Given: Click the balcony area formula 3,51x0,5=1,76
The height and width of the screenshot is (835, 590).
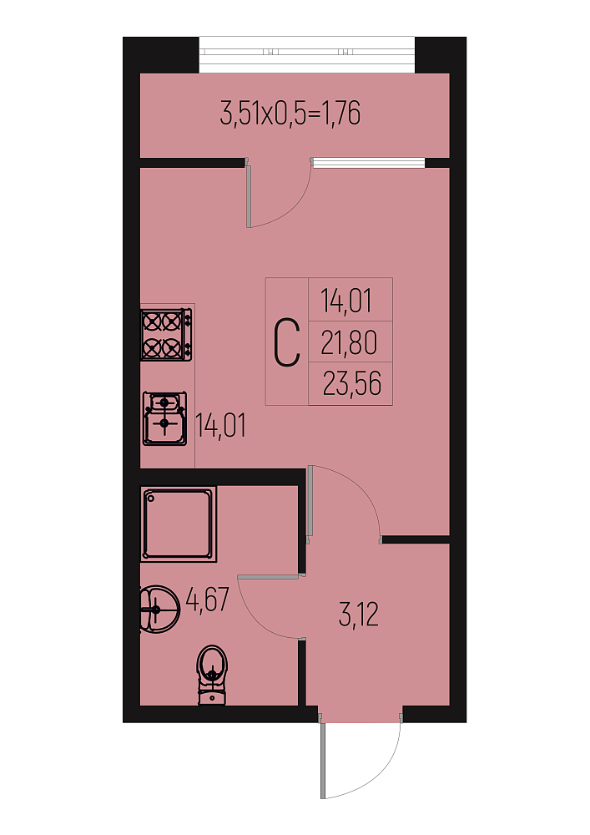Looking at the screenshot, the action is coord(290,114).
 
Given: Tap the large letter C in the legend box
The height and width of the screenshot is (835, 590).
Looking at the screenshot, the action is coord(286,342).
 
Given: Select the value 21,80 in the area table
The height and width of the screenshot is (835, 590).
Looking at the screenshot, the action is coord(349,342).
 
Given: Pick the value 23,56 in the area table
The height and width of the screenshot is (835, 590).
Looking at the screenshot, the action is coord(351,383).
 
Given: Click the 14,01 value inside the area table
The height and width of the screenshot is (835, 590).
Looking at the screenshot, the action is coord(346,301).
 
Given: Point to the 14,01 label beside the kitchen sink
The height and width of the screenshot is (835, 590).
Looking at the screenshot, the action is coord(221,426).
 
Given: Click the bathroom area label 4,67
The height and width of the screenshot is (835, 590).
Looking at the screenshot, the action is coord(208,599).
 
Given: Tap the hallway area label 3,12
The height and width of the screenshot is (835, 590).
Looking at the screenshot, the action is coord(359,615).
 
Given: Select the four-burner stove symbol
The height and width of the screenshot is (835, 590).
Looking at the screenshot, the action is coord(166,335).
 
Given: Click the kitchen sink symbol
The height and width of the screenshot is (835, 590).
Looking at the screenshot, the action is coord(164,418).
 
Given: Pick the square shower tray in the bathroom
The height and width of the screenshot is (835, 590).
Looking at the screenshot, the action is coord(179,524).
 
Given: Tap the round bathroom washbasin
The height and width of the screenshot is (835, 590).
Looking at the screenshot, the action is coord(159,610).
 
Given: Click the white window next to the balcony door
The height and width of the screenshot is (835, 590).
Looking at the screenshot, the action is coord(368,163).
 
